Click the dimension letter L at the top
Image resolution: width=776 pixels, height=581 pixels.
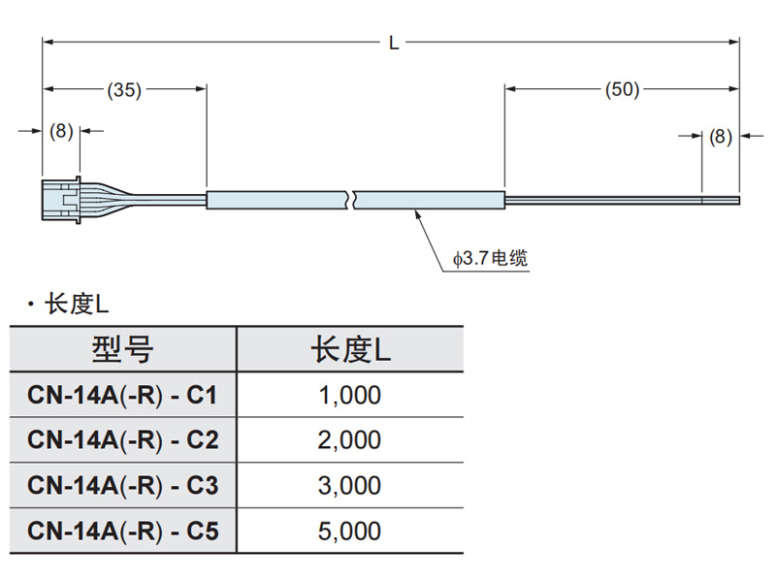pos(394,43)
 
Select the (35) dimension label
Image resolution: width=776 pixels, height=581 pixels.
pos(123,90)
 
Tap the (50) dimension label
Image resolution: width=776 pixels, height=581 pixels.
pos(622,90)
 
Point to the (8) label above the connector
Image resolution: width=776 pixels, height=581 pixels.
pos(61,131)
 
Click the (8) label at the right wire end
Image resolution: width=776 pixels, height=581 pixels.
pos(721,137)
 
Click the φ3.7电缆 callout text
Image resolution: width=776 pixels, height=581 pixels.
pos(491,259)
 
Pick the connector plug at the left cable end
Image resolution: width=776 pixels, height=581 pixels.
pos(61,198)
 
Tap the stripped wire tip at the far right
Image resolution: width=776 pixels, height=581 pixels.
pos(722,201)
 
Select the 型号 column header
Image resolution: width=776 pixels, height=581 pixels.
pos(123,349)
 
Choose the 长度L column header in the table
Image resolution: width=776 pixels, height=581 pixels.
pos(350,349)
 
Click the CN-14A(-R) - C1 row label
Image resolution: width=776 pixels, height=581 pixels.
pos(123,395)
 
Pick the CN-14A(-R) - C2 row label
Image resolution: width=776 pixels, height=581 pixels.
pos(123,440)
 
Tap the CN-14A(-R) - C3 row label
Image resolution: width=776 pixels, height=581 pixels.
pos(123,485)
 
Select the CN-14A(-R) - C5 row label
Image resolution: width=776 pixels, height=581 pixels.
pos(123,531)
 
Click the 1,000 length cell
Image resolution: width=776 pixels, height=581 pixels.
pos(350,395)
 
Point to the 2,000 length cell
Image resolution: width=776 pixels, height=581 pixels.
pos(350,440)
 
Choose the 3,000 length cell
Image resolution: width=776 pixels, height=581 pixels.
pos(350,485)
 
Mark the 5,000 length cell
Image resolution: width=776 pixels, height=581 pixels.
pos(350,531)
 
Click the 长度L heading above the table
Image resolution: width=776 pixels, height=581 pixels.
pos(77,305)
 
